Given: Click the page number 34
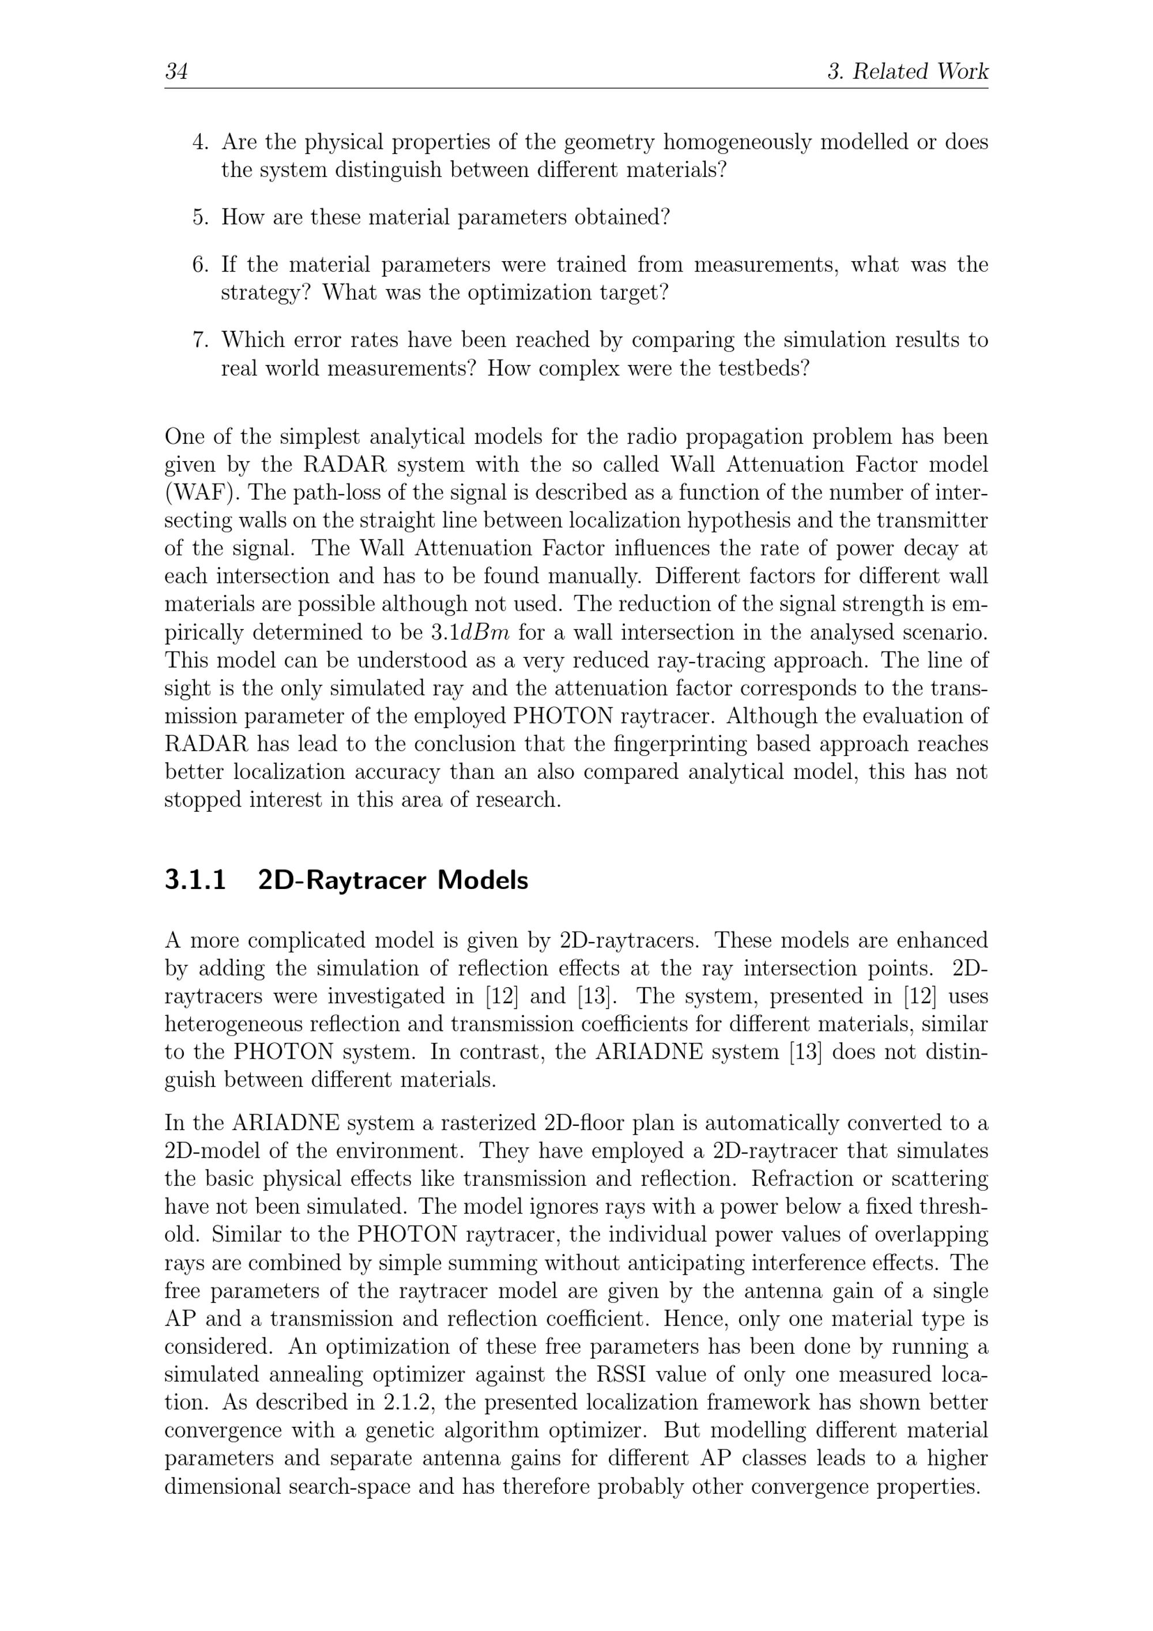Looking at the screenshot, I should click(176, 71).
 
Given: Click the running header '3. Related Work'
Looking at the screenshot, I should click(908, 71).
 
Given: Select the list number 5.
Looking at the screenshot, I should click(201, 217).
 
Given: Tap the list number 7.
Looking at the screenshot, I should click(201, 340).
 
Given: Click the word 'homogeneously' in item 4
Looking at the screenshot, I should click(739, 143).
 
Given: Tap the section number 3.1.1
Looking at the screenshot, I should click(195, 880).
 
